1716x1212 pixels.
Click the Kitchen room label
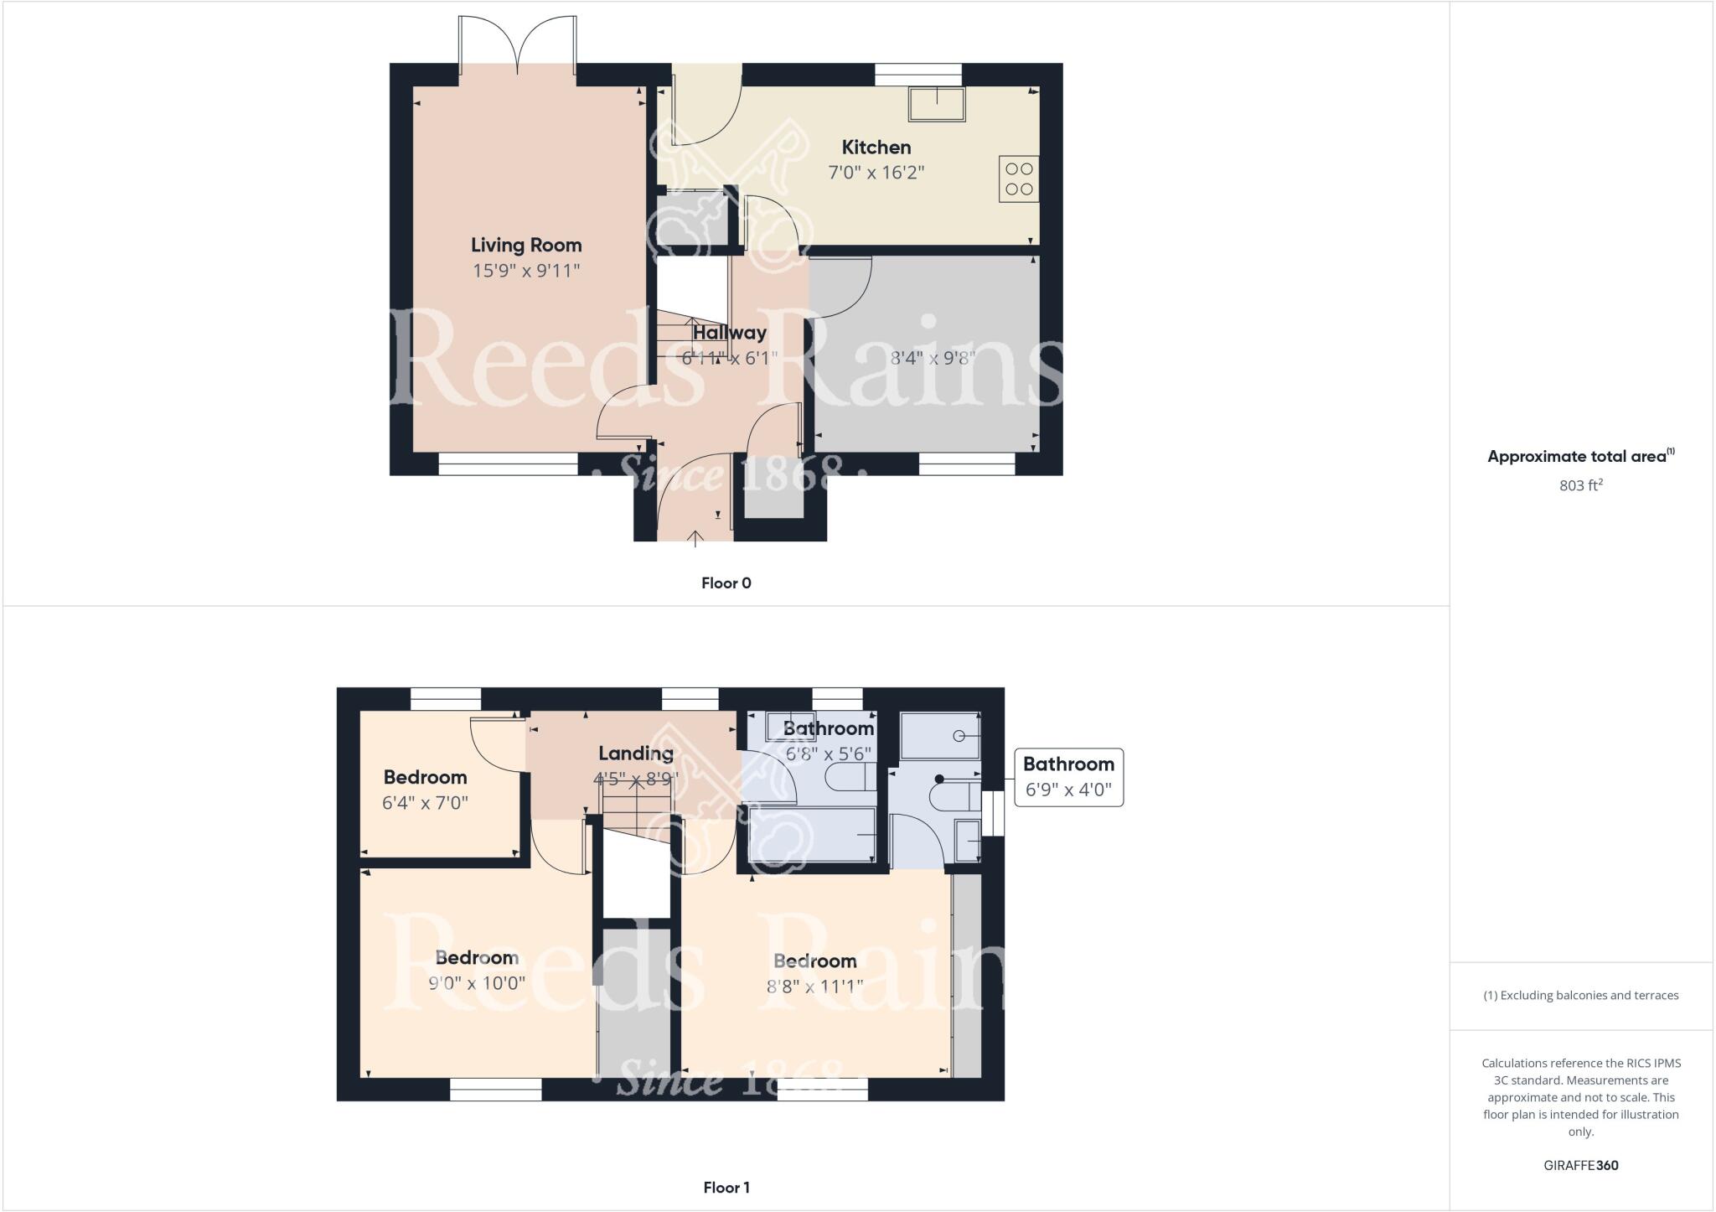(876, 148)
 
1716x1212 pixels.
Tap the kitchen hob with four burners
(1018, 179)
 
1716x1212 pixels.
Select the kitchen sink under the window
(937, 105)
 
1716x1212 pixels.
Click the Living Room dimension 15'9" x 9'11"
(525, 271)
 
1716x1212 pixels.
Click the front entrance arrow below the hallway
(695, 537)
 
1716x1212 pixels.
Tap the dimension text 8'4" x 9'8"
(932, 358)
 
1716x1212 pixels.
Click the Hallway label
(729, 333)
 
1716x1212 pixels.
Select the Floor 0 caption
(726, 583)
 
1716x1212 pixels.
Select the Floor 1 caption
(726, 1187)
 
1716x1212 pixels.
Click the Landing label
(635, 754)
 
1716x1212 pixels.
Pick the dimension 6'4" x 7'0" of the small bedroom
(425, 803)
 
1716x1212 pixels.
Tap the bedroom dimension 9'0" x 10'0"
(477, 983)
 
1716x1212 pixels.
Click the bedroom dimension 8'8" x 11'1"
(814, 987)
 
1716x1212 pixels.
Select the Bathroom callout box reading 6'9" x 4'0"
(1068, 778)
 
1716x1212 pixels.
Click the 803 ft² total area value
(1580, 485)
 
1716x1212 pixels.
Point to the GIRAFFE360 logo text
(1580, 1165)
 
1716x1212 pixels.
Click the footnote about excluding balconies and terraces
(1580, 996)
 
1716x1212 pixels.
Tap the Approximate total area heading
(1579, 457)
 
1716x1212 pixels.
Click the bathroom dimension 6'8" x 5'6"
(828, 754)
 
